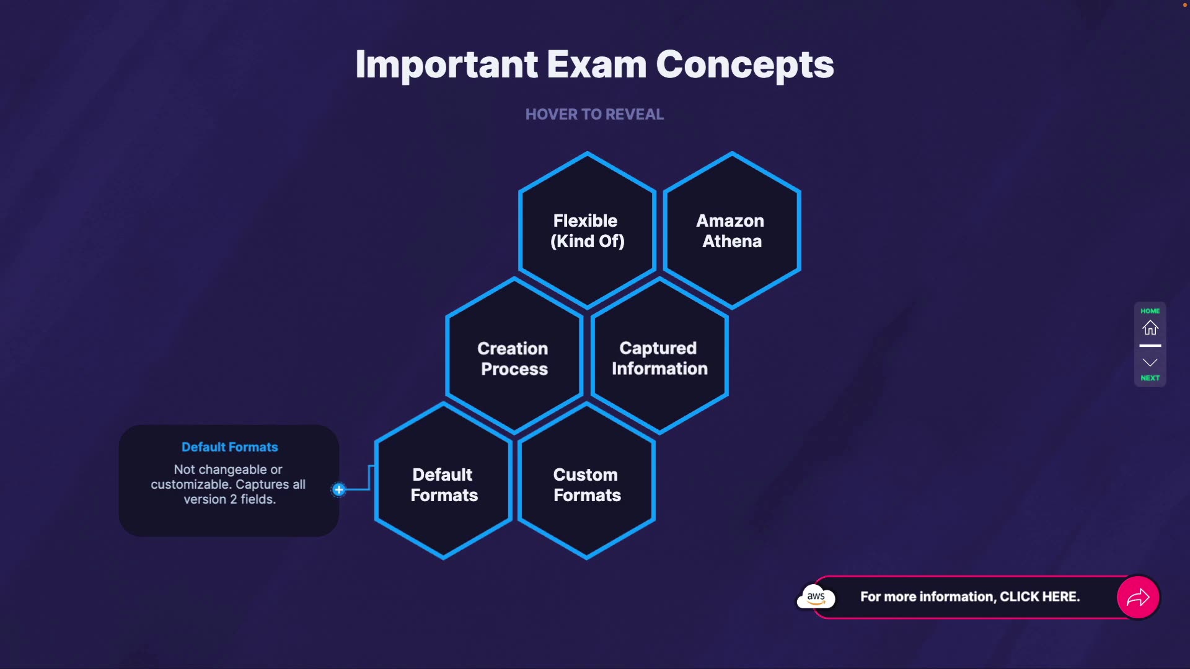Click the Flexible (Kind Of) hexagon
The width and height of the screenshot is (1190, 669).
[587, 230]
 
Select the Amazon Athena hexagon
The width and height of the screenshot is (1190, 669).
[732, 230]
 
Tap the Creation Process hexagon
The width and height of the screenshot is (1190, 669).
[514, 357]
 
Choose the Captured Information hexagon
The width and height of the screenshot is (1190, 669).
[659, 357]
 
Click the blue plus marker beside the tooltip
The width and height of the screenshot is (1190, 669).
[338, 489]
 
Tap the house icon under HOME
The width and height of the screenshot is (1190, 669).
[1150, 328]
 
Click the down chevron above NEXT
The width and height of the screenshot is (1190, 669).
[1150, 362]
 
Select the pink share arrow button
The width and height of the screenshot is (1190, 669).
[1138, 597]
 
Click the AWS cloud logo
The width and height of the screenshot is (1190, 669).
[816, 597]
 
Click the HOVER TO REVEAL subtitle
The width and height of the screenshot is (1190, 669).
[594, 115]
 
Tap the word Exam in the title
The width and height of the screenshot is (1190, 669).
[596, 64]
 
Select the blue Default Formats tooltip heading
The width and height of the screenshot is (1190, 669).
[229, 447]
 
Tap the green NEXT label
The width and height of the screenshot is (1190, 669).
[1150, 378]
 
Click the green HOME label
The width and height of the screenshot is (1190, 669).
[1150, 311]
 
